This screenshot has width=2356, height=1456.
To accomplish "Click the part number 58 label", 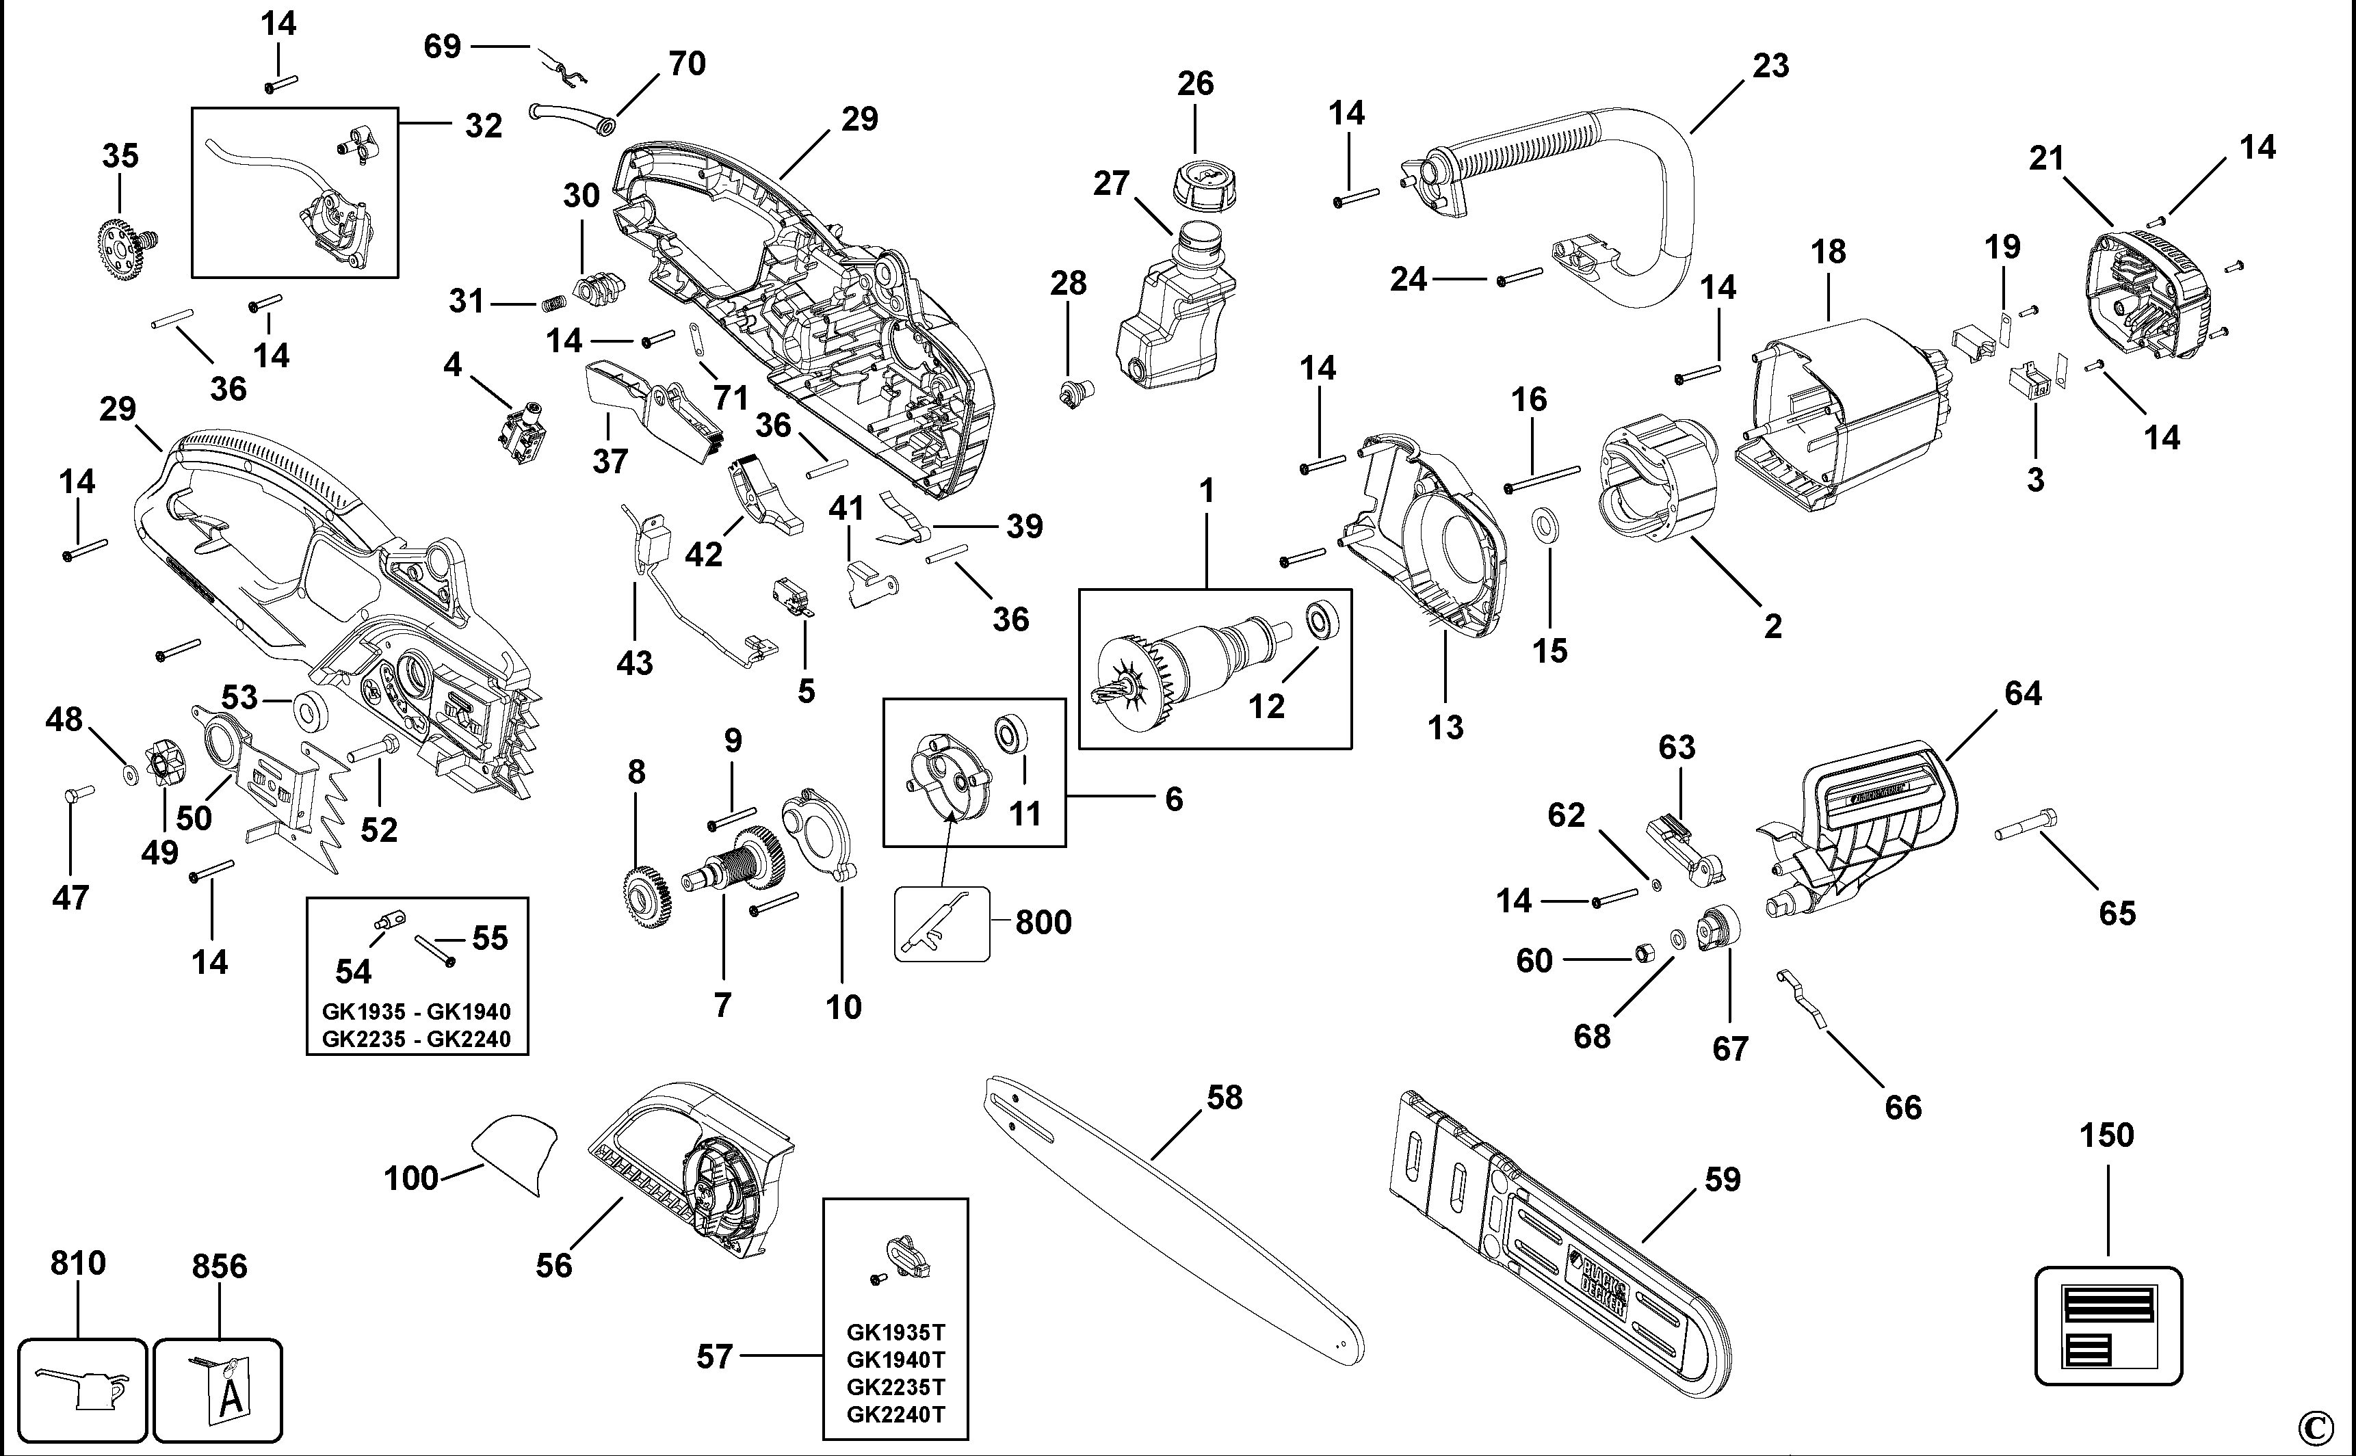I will [1225, 1098].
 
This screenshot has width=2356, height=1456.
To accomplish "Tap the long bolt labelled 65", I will [2026, 826].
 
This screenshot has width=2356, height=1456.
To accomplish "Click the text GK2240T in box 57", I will [895, 1414].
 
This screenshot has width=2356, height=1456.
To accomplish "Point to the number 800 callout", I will [1043, 923].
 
